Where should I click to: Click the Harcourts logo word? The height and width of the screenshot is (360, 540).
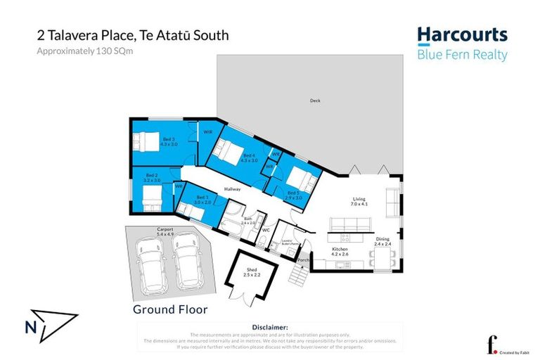coord(462,35)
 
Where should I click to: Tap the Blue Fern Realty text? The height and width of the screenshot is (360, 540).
coord(462,55)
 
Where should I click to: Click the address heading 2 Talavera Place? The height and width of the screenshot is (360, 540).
coord(133,34)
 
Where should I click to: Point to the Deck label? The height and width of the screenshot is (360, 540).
coord(315,101)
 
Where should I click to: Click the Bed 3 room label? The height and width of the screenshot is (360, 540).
coord(169,141)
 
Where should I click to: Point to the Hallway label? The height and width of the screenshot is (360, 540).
coord(233,189)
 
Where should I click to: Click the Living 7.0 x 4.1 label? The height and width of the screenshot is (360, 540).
coord(359,201)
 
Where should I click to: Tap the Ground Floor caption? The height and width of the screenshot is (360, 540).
coord(170,309)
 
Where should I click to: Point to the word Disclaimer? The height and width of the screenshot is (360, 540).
coord(269,327)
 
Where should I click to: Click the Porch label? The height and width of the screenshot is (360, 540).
coord(303,259)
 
